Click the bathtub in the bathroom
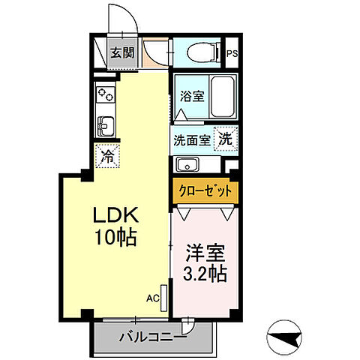pos(222,96)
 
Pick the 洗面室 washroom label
pos(191,139)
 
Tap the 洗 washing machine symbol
pos(224,139)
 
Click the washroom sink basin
pos(187,165)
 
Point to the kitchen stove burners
pos(104,95)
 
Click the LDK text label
pos(113,217)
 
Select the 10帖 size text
pos(114,238)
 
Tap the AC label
pos(152,298)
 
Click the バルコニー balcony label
pos(148,335)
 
